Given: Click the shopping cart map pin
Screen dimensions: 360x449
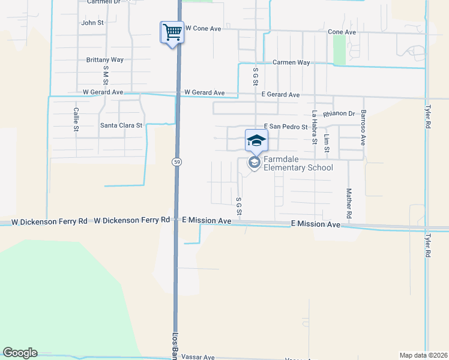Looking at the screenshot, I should point(172,32).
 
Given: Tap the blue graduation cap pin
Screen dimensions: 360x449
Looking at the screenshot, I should point(256,140).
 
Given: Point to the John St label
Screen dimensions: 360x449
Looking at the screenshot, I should point(92,23).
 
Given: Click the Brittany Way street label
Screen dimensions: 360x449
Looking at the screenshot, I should point(104,60).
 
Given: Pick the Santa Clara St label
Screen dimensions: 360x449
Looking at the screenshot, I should point(121,125).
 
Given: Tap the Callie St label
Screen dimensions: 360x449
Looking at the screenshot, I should point(76,119).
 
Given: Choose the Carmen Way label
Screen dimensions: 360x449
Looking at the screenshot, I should point(291,62).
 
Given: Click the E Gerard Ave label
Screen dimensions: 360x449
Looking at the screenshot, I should point(280,95).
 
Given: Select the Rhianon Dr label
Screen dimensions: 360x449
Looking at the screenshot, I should point(339,114).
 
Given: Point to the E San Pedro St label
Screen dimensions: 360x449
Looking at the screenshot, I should point(286,127).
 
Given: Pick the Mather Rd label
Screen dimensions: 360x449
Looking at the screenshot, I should point(348,203).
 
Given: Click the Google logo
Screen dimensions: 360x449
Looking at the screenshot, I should point(20,353).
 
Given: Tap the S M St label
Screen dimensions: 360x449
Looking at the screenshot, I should point(106,76).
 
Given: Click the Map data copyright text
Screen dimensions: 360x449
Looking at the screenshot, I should point(423,355).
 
